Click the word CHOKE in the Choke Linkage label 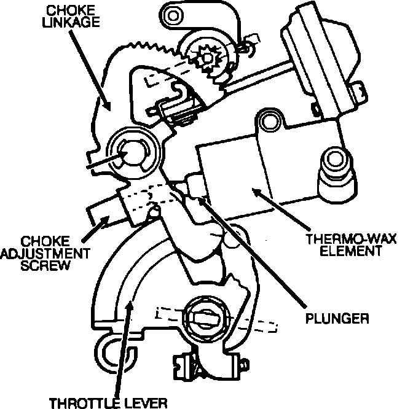[x=64, y=11]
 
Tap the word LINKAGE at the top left [x=64, y=23]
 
